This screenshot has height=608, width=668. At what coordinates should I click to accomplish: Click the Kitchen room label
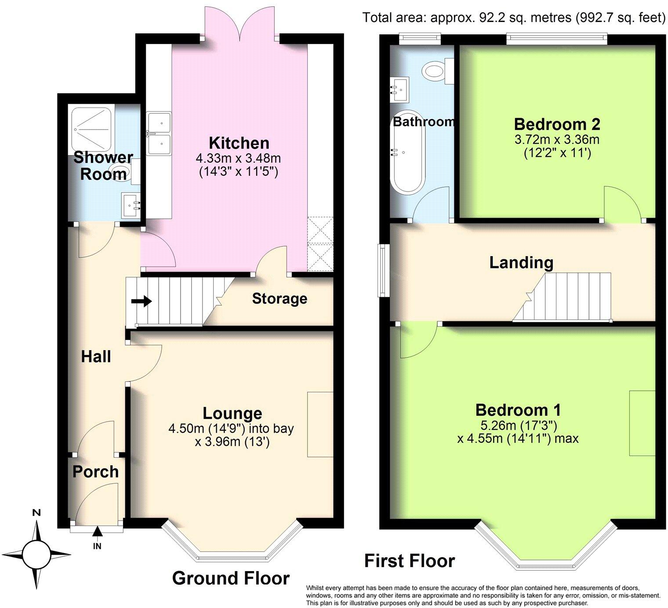(x=239, y=143)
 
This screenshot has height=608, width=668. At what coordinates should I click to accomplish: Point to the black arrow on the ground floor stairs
(x=142, y=301)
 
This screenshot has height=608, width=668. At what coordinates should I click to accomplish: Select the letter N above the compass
(x=37, y=512)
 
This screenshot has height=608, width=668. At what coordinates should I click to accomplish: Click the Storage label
(x=280, y=299)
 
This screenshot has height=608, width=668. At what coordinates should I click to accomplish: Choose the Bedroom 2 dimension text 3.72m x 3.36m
(x=557, y=140)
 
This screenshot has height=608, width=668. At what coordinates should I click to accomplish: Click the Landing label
(x=521, y=263)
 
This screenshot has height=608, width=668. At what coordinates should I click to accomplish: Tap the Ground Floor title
(x=231, y=578)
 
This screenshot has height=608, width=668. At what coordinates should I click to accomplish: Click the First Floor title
(x=410, y=561)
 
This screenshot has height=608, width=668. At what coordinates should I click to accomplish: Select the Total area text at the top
(x=513, y=18)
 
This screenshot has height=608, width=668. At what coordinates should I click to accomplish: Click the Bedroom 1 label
(x=518, y=410)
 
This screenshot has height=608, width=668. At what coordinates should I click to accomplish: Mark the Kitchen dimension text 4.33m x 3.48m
(x=239, y=158)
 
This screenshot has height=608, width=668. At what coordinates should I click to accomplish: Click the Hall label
(x=96, y=357)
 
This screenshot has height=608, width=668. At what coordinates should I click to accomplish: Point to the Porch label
(x=95, y=472)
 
